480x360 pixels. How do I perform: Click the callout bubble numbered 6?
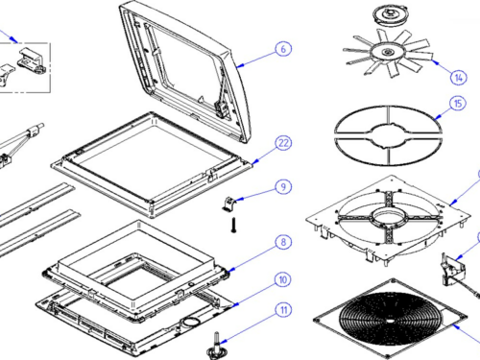283,49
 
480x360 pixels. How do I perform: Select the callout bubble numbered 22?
283,143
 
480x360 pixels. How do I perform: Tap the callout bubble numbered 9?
283,187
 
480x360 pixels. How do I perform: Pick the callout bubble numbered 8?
283,242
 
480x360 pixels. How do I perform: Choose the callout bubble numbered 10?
283,280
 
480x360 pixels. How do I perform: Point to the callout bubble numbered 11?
283,310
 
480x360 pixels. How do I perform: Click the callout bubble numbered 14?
459,78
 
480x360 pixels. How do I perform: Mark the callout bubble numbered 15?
458,104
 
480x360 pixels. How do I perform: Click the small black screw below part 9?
233,225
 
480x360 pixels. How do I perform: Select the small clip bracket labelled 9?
229,204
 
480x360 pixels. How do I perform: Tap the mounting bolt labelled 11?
217,346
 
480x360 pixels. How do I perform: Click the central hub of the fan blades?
388,52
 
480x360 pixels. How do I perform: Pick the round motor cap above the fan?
390,15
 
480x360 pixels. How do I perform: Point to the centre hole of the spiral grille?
390,321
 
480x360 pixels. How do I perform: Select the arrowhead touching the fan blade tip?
435,61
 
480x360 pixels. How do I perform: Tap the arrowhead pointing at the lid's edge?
241,65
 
